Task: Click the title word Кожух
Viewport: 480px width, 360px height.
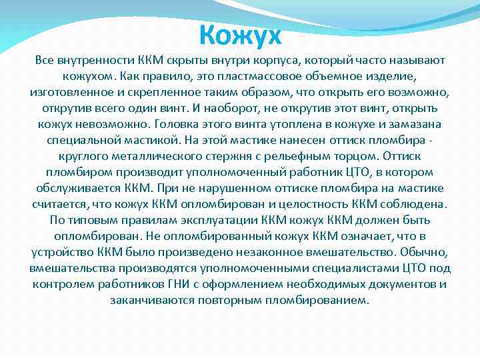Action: pyautogui.click(x=241, y=34)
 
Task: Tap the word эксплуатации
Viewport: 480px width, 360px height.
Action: pyautogui.click(x=216, y=220)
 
